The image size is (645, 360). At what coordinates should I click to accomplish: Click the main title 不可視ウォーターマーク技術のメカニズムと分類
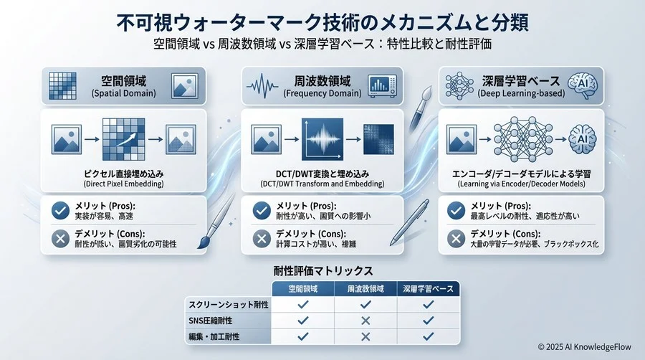(322, 22)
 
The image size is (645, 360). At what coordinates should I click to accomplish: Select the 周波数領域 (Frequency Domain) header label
(322, 84)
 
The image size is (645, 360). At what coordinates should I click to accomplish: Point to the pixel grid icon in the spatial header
(62, 85)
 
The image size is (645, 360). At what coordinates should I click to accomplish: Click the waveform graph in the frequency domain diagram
(322, 138)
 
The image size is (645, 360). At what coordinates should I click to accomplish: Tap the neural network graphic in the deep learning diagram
(520, 138)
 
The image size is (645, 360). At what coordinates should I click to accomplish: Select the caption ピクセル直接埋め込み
(123, 174)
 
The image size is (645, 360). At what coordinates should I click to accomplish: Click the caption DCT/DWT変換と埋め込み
(322, 174)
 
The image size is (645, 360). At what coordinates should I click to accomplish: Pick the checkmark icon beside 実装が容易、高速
(60, 210)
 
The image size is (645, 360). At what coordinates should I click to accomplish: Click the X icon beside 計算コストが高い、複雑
(260, 238)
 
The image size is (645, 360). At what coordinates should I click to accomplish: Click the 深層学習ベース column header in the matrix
(428, 288)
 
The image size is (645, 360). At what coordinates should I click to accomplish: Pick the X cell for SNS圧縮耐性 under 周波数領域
(365, 319)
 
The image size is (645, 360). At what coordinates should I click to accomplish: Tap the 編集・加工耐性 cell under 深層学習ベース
(428, 335)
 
